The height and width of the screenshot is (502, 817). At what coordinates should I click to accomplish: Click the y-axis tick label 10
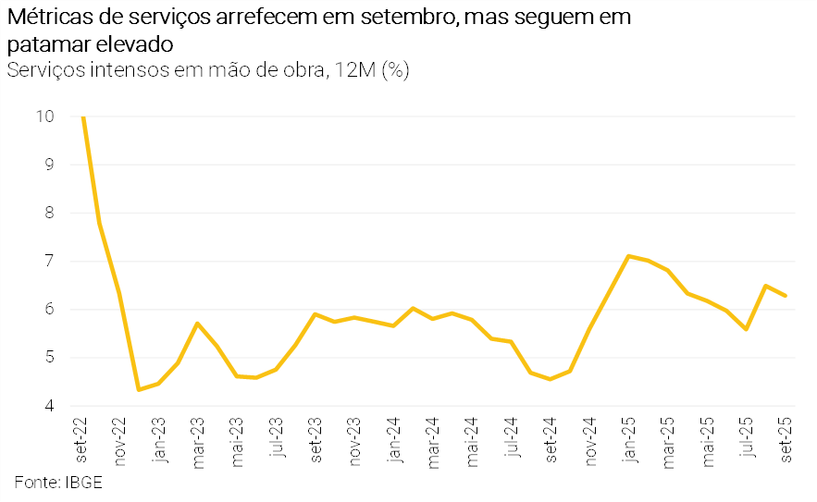point(45,116)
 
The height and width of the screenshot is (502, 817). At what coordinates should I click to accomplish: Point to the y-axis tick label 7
point(48,262)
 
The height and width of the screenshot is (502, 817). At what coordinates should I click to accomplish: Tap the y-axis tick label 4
point(48,406)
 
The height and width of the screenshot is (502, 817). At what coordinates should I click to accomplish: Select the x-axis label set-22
point(81,439)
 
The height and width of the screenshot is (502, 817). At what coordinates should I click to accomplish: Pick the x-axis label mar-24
point(432,441)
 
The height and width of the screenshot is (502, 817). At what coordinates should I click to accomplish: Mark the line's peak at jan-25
point(628,256)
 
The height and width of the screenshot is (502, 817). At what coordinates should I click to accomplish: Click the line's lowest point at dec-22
point(139,389)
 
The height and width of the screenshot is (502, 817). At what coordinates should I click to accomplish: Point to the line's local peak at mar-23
point(197,324)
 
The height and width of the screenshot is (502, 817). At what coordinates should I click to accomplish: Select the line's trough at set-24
point(551,379)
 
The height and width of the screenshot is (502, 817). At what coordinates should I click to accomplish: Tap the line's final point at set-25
point(786,296)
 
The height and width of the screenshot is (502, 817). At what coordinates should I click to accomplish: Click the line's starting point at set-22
point(83,117)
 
